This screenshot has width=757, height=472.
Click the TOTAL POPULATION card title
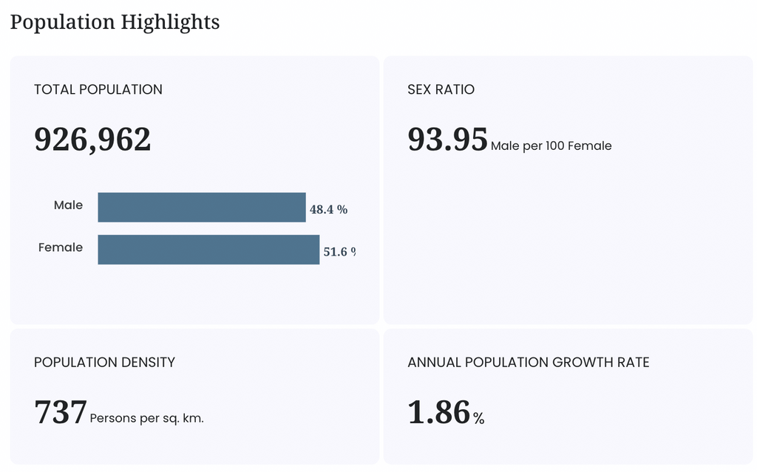click(x=98, y=89)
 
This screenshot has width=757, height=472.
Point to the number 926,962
click(x=92, y=140)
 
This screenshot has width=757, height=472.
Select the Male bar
click(x=202, y=208)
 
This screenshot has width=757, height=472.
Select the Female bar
click(x=208, y=250)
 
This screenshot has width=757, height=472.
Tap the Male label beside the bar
click(x=68, y=205)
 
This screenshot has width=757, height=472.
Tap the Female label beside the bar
click(x=61, y=247)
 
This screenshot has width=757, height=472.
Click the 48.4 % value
click(x=328, y=210)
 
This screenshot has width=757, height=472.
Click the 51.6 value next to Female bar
click(x=335, y=251)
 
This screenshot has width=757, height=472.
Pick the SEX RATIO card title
click(x=441, y=89)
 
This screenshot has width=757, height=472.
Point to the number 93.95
click(x=447, y=140)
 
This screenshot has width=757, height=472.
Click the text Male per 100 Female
click(x=551, y=146)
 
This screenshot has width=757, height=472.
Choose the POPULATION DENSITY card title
click(x=104, y=363)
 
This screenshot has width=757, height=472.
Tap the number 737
click(x=61, y=412)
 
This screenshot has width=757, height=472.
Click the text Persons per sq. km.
click(x=147, y=418)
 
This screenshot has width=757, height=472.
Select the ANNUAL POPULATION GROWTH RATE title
click(x=528, y=363)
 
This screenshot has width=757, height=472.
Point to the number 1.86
click(x=439, y=412)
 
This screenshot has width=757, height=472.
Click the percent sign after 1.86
click(x=478, y=418)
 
